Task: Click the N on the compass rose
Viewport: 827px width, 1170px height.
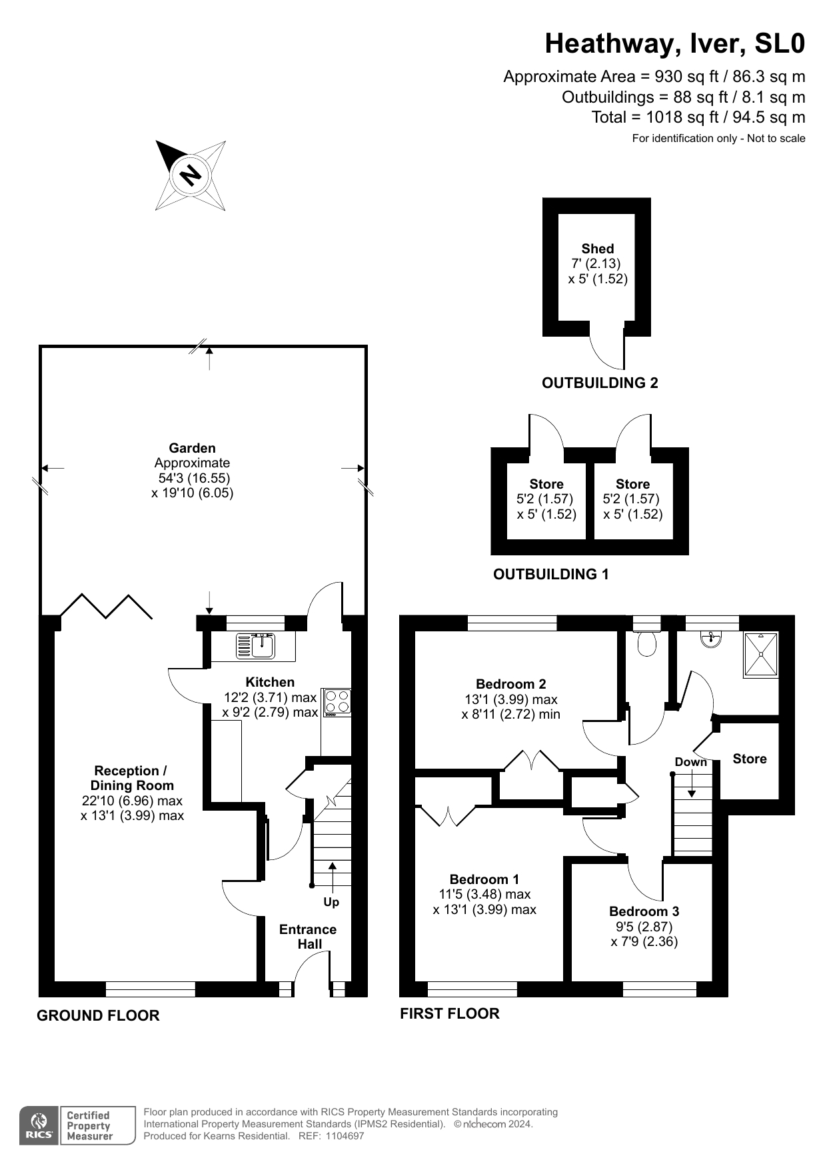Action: point(191,175)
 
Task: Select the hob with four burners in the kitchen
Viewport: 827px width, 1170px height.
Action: point(337,702)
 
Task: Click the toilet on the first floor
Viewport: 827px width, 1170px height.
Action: point(647,643)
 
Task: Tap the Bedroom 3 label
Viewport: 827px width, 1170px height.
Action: point(644,911)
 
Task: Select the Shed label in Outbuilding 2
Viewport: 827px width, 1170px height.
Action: point(597,249)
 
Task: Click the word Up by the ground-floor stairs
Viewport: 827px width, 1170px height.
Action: point(331,902)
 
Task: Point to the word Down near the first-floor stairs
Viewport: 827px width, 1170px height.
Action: point(690,762)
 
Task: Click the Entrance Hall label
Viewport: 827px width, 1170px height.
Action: point(308,937)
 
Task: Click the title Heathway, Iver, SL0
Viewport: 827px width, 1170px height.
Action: point(674,44)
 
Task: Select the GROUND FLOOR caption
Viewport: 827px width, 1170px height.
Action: point(98,1015)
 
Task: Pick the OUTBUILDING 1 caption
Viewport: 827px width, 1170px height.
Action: point(550,574)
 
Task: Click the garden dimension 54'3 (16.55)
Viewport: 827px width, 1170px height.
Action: point(194,478)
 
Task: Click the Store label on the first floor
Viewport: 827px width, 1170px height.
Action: point(749,759)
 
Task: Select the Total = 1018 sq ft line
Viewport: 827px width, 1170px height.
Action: point(698,117)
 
